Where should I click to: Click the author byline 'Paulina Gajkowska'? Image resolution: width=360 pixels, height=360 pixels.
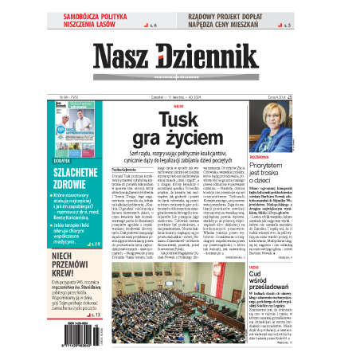coord(127,170)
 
